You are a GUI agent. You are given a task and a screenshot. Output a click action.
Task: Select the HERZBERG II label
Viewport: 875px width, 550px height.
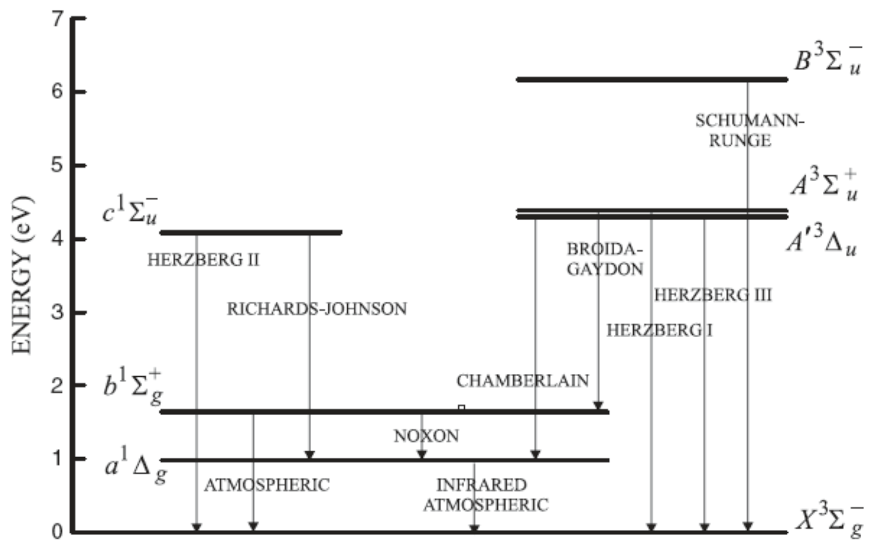click(x=203, y=260)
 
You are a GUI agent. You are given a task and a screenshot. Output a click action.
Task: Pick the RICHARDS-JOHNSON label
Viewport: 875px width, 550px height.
click(x=316, y=309)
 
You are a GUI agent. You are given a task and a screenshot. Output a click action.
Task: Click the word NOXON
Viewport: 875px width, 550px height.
click(x=426, y=436)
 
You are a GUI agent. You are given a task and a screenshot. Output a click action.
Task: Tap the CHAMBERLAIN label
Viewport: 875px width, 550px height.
click(x=523, y=381)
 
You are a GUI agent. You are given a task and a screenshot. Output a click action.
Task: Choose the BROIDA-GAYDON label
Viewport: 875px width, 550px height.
click(x=605, y=259)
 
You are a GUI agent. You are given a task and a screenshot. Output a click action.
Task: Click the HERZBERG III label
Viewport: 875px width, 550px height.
click(x=713, y=295)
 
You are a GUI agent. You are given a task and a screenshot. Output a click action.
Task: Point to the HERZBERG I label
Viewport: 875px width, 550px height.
click(x=660, y=330)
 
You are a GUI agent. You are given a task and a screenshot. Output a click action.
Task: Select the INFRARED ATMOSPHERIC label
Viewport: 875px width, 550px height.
click(x=485, y=495)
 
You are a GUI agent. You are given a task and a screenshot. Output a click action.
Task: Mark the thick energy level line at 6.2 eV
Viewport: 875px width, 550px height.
click(x=652, y=79)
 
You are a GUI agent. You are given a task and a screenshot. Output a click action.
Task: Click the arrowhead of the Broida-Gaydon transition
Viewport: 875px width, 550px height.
click(x=598, y=405)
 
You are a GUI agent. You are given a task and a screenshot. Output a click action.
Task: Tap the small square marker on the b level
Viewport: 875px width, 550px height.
click(x=461, y=408)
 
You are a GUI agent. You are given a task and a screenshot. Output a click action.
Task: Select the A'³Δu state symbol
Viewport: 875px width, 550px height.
click(x=822, y=240)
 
